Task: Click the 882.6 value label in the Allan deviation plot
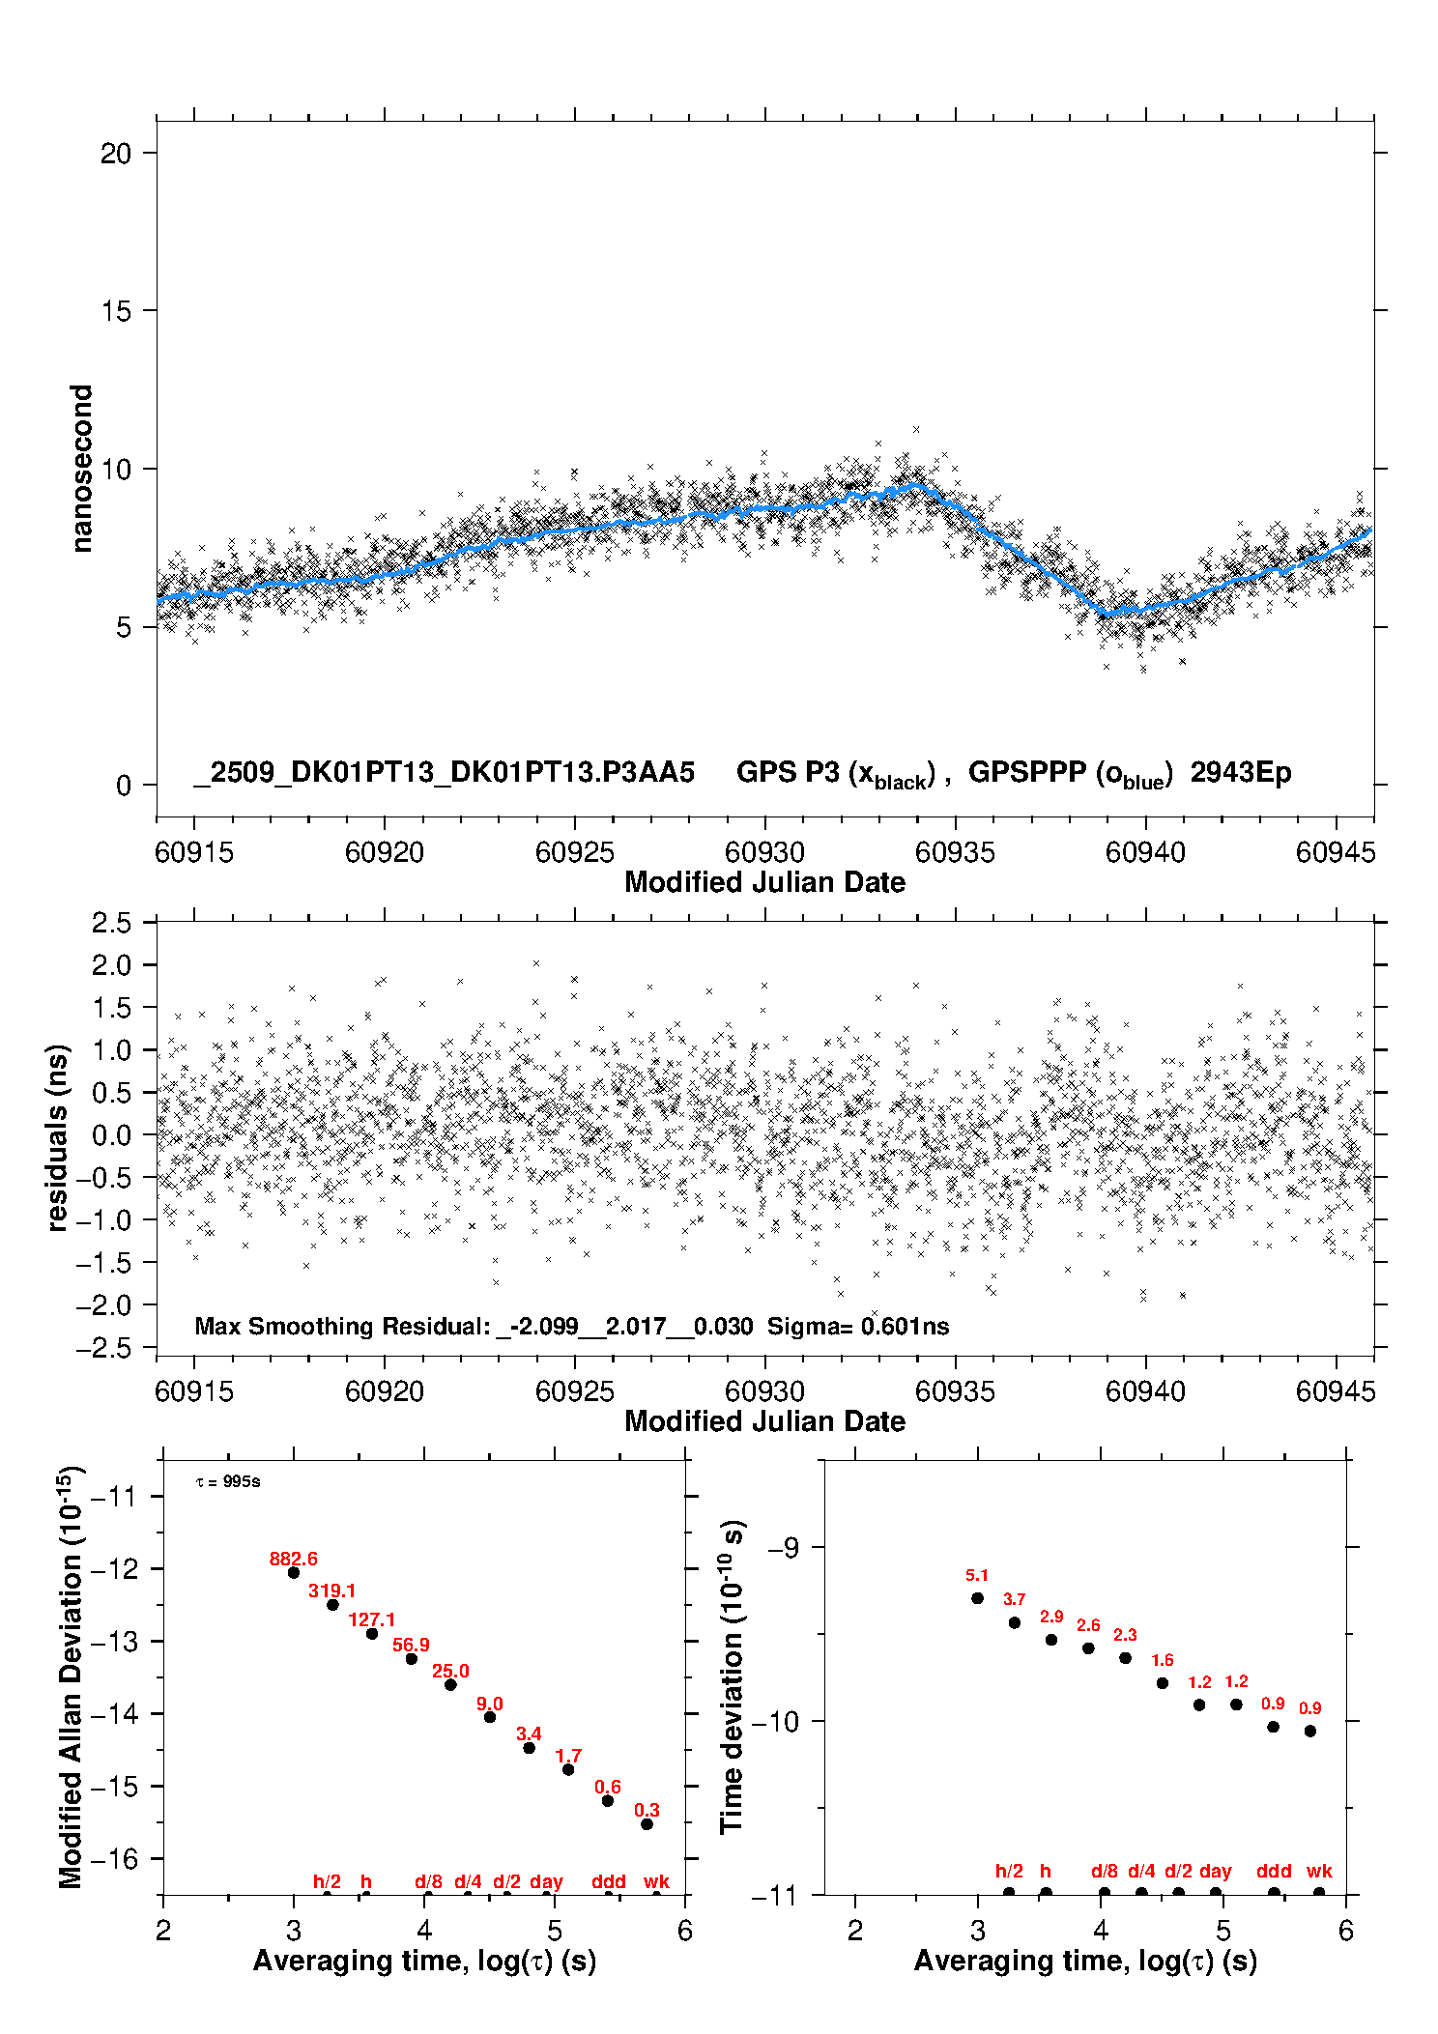[293, 1559]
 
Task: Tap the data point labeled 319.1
[332, 1605]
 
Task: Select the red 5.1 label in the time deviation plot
[977, 1576]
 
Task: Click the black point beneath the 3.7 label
[1015, 1622]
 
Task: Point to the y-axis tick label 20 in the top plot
[116, 153]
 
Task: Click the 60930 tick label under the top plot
[764, 852]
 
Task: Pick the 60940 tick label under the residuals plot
[1145, 1391]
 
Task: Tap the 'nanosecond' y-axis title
[82, 469]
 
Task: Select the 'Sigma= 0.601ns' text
[858, 1327]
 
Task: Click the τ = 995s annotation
[228, 1482]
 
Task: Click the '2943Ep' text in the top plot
[1241, 772]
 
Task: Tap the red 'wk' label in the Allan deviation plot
[656, 1881]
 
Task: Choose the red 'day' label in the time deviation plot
[1216, 1871]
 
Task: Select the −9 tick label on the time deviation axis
[783, 1548]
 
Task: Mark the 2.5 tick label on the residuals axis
[112, 923]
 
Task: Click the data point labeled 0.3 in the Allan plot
[647, 1824]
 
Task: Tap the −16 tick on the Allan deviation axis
[114, 1858]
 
